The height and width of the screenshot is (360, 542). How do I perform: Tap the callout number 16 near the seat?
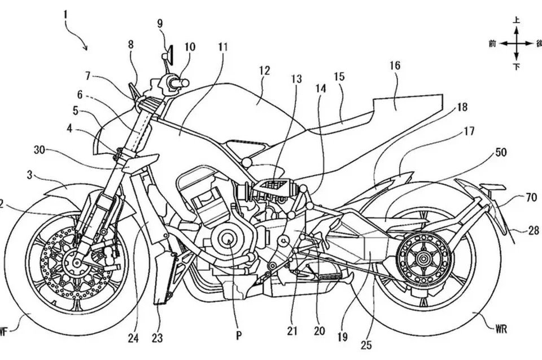pyautogui.click(x=395, y=65)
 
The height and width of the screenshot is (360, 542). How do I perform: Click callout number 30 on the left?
pyautogui.click(x=40, y=150)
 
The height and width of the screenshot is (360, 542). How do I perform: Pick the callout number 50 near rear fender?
pyautogui.click(x=501, y=152)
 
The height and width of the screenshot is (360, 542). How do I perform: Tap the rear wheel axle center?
pyautogui.click(x=422, y=258)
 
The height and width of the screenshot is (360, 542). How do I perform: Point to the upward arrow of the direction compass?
pyautogui.click(x=516, y=34)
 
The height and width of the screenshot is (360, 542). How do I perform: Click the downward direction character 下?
pyautogui.click(x=516, y=67)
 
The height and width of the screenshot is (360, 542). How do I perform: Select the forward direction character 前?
pyautogui.click(x=492, y=43)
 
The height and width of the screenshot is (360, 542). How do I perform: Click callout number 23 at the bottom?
pyautogui.click(x=157, y=337)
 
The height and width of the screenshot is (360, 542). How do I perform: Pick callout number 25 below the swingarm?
pyautogui.click(x=366, y=344)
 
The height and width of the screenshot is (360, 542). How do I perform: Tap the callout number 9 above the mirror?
pyautogui.click(x=160, y=24)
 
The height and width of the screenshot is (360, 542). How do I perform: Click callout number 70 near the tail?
pyautogui.click(x=531, y=197)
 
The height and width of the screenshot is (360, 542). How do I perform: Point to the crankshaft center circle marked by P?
pyautogui.click(x=229, y=240)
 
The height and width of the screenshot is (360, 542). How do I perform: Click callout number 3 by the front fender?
pyautogui.click(x=30, y=175)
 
